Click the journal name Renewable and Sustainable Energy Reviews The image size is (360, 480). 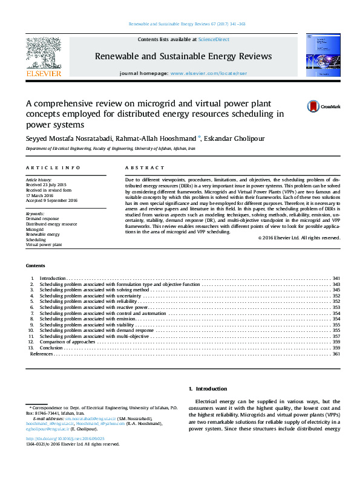[183, 56]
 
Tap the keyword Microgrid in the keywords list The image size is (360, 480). [34, 230]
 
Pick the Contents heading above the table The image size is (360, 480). [35, 266]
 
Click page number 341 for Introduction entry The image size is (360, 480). [336, 278]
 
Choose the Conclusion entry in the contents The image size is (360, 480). [51, 348]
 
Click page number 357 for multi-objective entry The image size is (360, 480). [336, 336]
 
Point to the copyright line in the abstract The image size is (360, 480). [299, 238]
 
